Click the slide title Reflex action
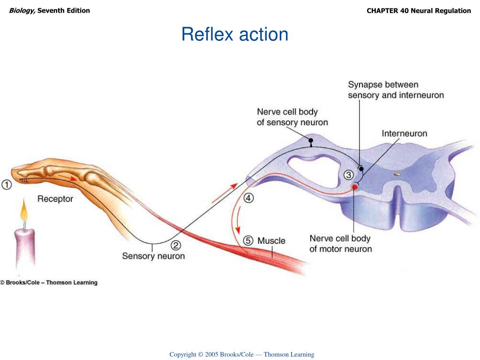(x=235, y=34)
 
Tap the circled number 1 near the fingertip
(x=7, y=185)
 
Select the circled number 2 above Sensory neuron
(x=176, y=245)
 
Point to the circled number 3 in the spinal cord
(x=348, y=175)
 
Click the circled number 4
(x=248, y=198)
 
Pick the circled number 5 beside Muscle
(x=248, y=240)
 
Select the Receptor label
(x=55, y=199)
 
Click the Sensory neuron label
(x=153, y=256)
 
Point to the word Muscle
(x=271, y=240)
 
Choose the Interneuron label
(x=405, y=134)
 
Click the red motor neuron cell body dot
(x=355, y=187)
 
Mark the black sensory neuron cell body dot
(x=310, y=140)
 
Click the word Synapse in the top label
(x=365, y=85)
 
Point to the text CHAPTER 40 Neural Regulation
(x=419, y=11)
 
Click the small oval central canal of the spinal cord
(x=397, y=174)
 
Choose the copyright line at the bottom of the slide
(x=242, y=354)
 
